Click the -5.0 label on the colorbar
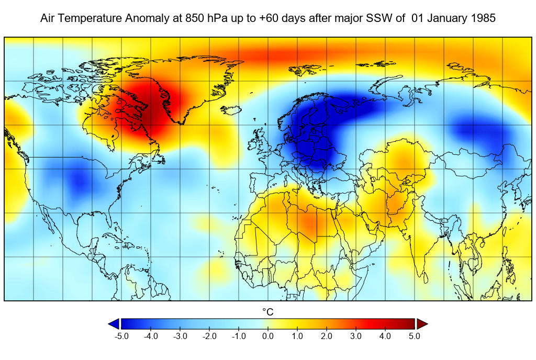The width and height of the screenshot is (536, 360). pos(121,336)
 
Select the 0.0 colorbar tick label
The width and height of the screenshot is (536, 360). pos(268,336)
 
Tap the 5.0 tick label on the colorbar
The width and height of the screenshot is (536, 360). pos(415,336)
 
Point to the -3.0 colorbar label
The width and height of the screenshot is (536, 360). pos(180,336)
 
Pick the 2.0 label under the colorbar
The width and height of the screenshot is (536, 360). pos(327,336)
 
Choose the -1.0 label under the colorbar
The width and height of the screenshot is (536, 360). pos(239,336)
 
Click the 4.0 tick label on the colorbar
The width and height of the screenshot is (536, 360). pos(385,336)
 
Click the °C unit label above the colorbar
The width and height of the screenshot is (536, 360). pos(267,312)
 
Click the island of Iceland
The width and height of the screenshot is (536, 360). pos(231,110)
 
